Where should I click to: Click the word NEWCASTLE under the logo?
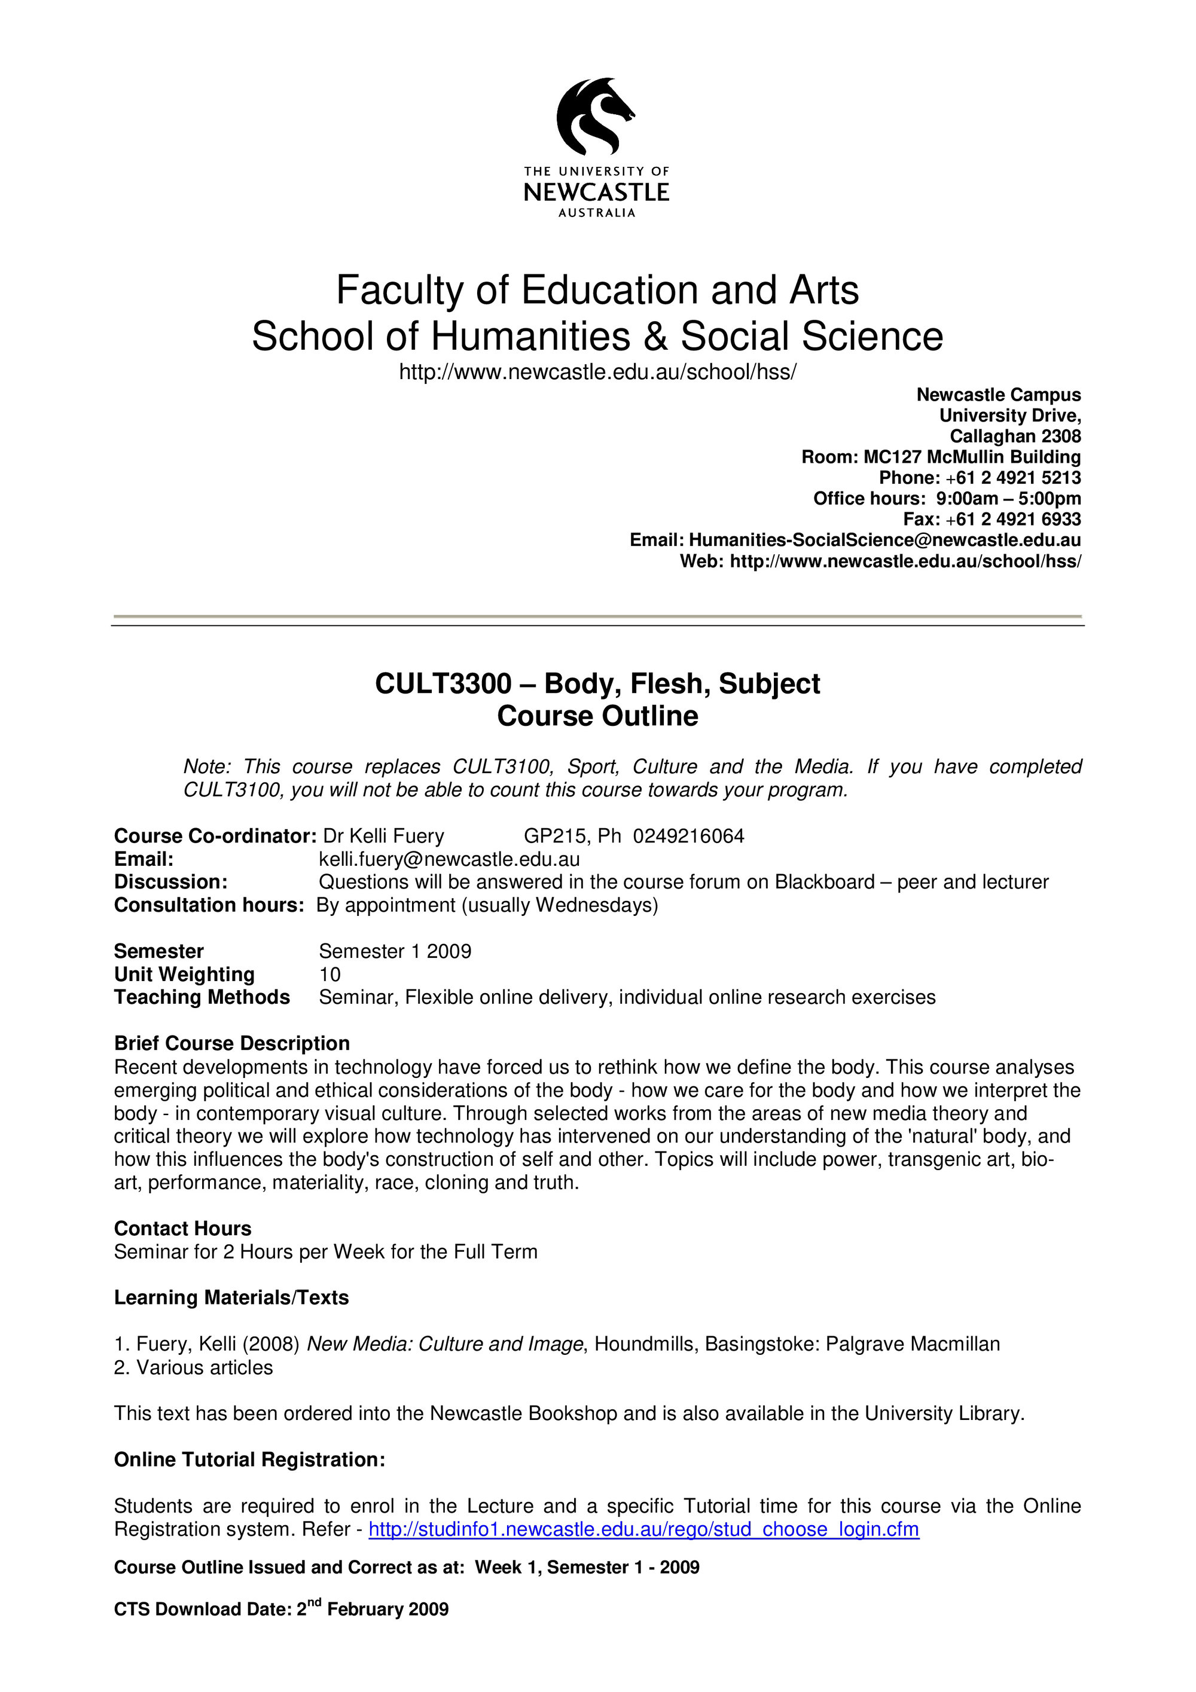click(x=596, y=193)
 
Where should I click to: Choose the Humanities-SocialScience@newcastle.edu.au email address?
click(x=884, y=539)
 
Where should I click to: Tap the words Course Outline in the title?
click(x=597, y=716)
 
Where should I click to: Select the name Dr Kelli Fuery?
click(x=383, y=836)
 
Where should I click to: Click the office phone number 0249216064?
click(x=688, y=836)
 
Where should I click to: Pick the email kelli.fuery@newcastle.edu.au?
click(x=448, y=859)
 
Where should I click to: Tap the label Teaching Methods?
click(x=202, y=997)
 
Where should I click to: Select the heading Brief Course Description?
click(x=231, y=1043)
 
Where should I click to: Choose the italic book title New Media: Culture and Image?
click(x=444, y=1344)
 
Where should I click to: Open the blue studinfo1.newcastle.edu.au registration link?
click(x=643, y=1529)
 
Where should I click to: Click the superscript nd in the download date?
click(x=315, y=1602)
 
